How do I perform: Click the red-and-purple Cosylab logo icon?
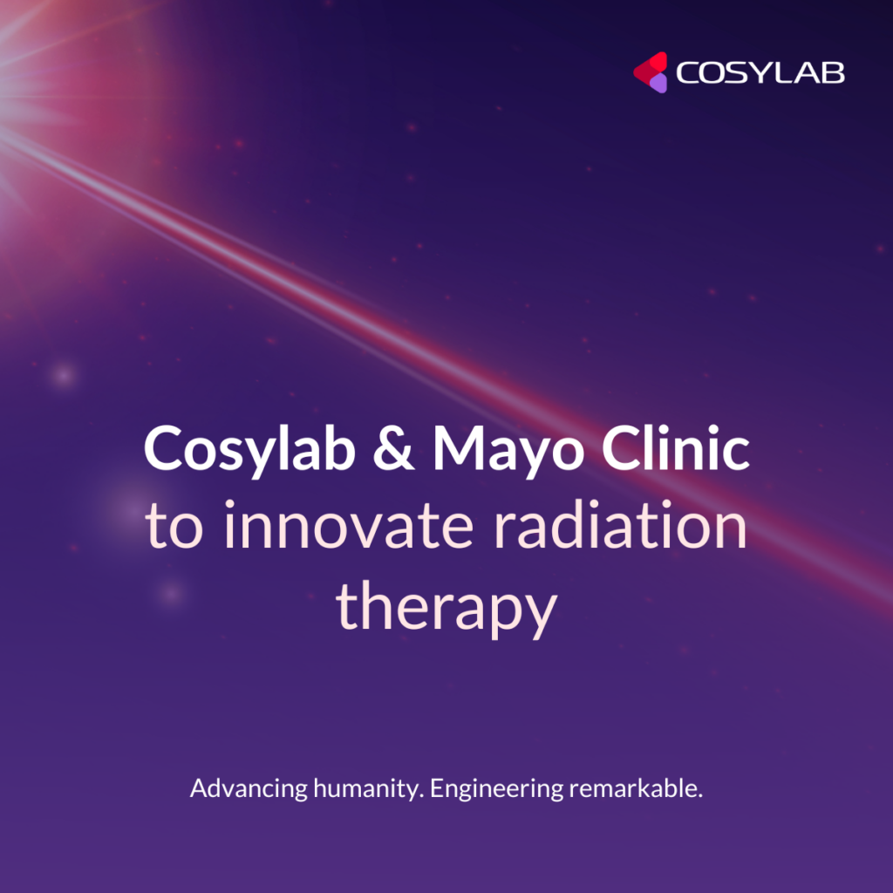click(650, 72)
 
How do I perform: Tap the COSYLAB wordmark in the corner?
click(760, 73)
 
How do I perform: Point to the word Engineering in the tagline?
click(497, 790)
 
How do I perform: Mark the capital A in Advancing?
click(198, 789)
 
